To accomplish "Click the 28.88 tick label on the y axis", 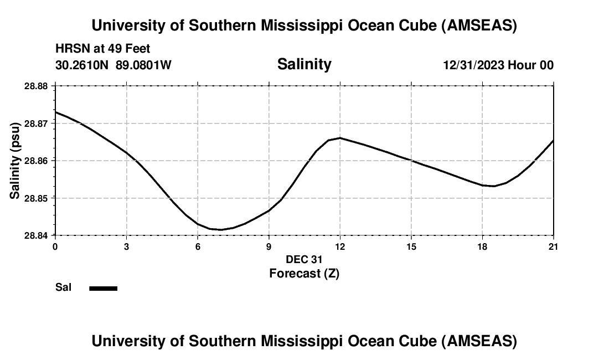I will tap(37, 86).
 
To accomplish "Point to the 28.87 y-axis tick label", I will tap(37, 124).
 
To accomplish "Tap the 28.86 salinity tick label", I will tap(37, 161).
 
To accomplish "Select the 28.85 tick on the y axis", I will tap(37, 198).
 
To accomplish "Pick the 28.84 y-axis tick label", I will tap(37, 235).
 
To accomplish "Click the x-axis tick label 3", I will tap(127, 246).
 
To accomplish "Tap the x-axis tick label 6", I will tap(198, 246).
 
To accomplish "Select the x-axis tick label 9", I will tap(269, 246).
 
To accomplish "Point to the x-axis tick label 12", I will tap(340, 246).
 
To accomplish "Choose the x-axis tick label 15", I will tap(411, 246).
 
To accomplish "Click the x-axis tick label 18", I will tap(482, 246).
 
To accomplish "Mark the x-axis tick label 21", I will tap(554, 246).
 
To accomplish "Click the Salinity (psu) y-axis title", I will tap(15, 161).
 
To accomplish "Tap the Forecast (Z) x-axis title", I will tap(304, 274).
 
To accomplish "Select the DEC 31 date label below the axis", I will tap(304, 259).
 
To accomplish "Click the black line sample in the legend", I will tap(104, 288).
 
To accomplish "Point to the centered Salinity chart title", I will tap(304, 64).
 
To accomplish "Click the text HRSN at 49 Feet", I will tap(103, 49).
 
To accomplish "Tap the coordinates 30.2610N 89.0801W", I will tap(113, 65).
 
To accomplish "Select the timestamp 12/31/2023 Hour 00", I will tap(498, 65).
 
